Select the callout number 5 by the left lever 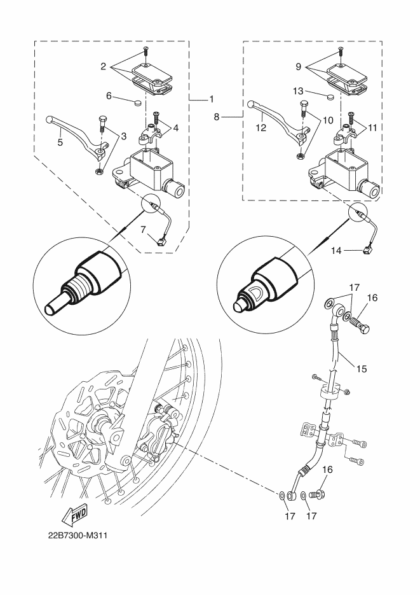pyautogui.click(x=60, y=143)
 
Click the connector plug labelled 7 pyautogui.click(x=161, y=241)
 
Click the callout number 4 pyautogui.click(x=175, y=127)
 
